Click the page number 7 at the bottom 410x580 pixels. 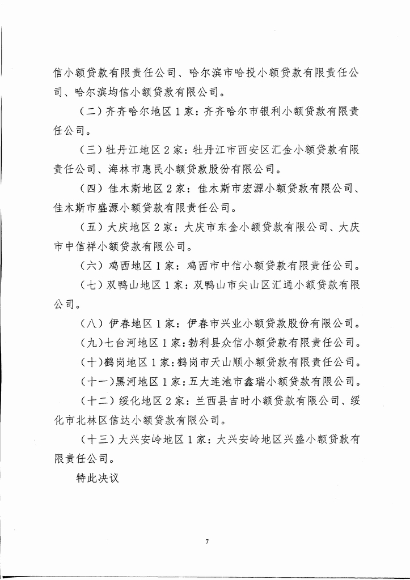(x=208, y=541)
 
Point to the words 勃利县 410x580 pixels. (x=200, y=343)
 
